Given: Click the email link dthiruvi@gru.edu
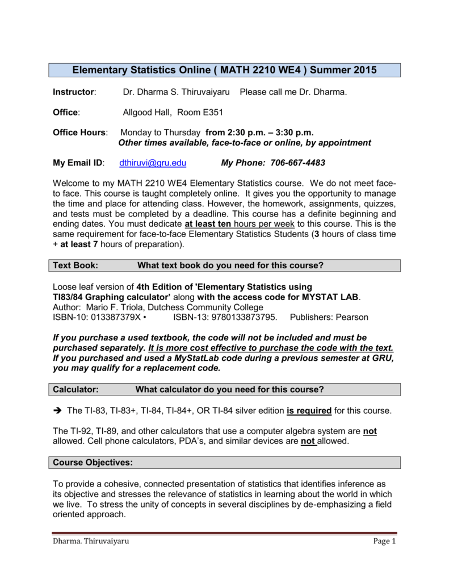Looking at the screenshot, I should tap(153, 163).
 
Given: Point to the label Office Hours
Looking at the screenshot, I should tap(79, 132).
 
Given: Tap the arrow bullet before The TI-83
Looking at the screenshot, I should tap(57, 410).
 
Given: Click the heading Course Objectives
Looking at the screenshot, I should tap(93, 463).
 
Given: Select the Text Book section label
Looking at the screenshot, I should tap(75, 265).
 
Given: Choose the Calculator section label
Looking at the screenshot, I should tap(76, 389).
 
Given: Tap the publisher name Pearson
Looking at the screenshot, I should tap(352, 317).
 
